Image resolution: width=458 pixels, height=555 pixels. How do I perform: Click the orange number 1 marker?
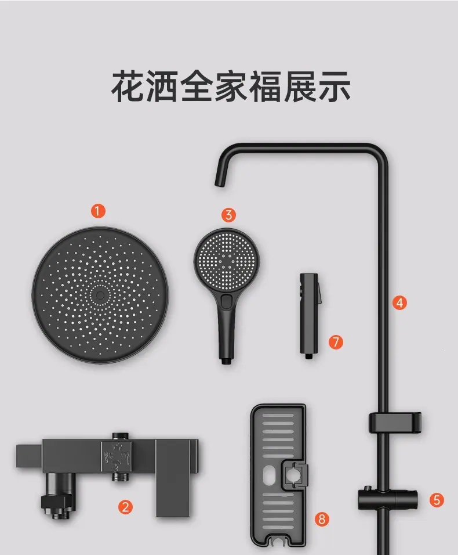98,211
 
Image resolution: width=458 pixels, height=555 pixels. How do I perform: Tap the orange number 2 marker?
125,507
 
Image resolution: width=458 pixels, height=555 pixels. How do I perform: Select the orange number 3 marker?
228,214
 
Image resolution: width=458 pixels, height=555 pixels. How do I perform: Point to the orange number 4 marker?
399,302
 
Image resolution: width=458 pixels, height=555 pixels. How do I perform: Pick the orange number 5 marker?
437,500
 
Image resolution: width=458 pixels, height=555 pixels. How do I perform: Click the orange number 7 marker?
335,342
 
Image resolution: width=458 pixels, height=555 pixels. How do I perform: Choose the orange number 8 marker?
322,519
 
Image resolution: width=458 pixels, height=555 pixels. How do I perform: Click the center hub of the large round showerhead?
100,295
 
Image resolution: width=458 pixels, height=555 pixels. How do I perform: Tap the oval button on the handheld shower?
226,301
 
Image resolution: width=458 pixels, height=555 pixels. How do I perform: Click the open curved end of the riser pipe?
220,181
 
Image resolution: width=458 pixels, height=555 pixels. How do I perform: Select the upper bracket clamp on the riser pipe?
395,423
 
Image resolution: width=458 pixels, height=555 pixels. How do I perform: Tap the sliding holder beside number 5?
388,499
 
